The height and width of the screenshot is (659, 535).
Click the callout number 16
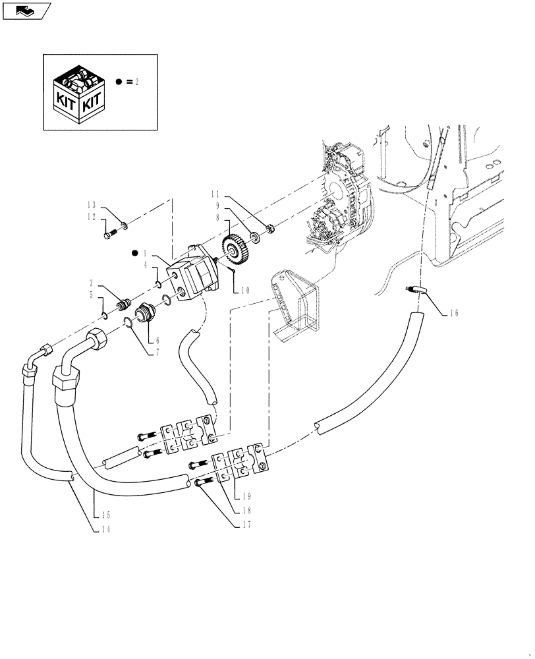coord(454,314)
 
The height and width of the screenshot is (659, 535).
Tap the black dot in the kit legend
coord(119,82)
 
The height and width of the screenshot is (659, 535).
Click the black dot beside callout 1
coord(136,252)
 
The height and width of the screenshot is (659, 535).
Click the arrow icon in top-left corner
coord(25,10)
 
